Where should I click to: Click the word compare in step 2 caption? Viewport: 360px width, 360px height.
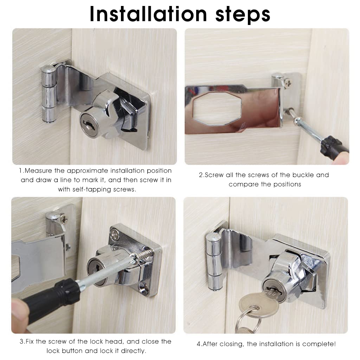[x=242, y=184]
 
